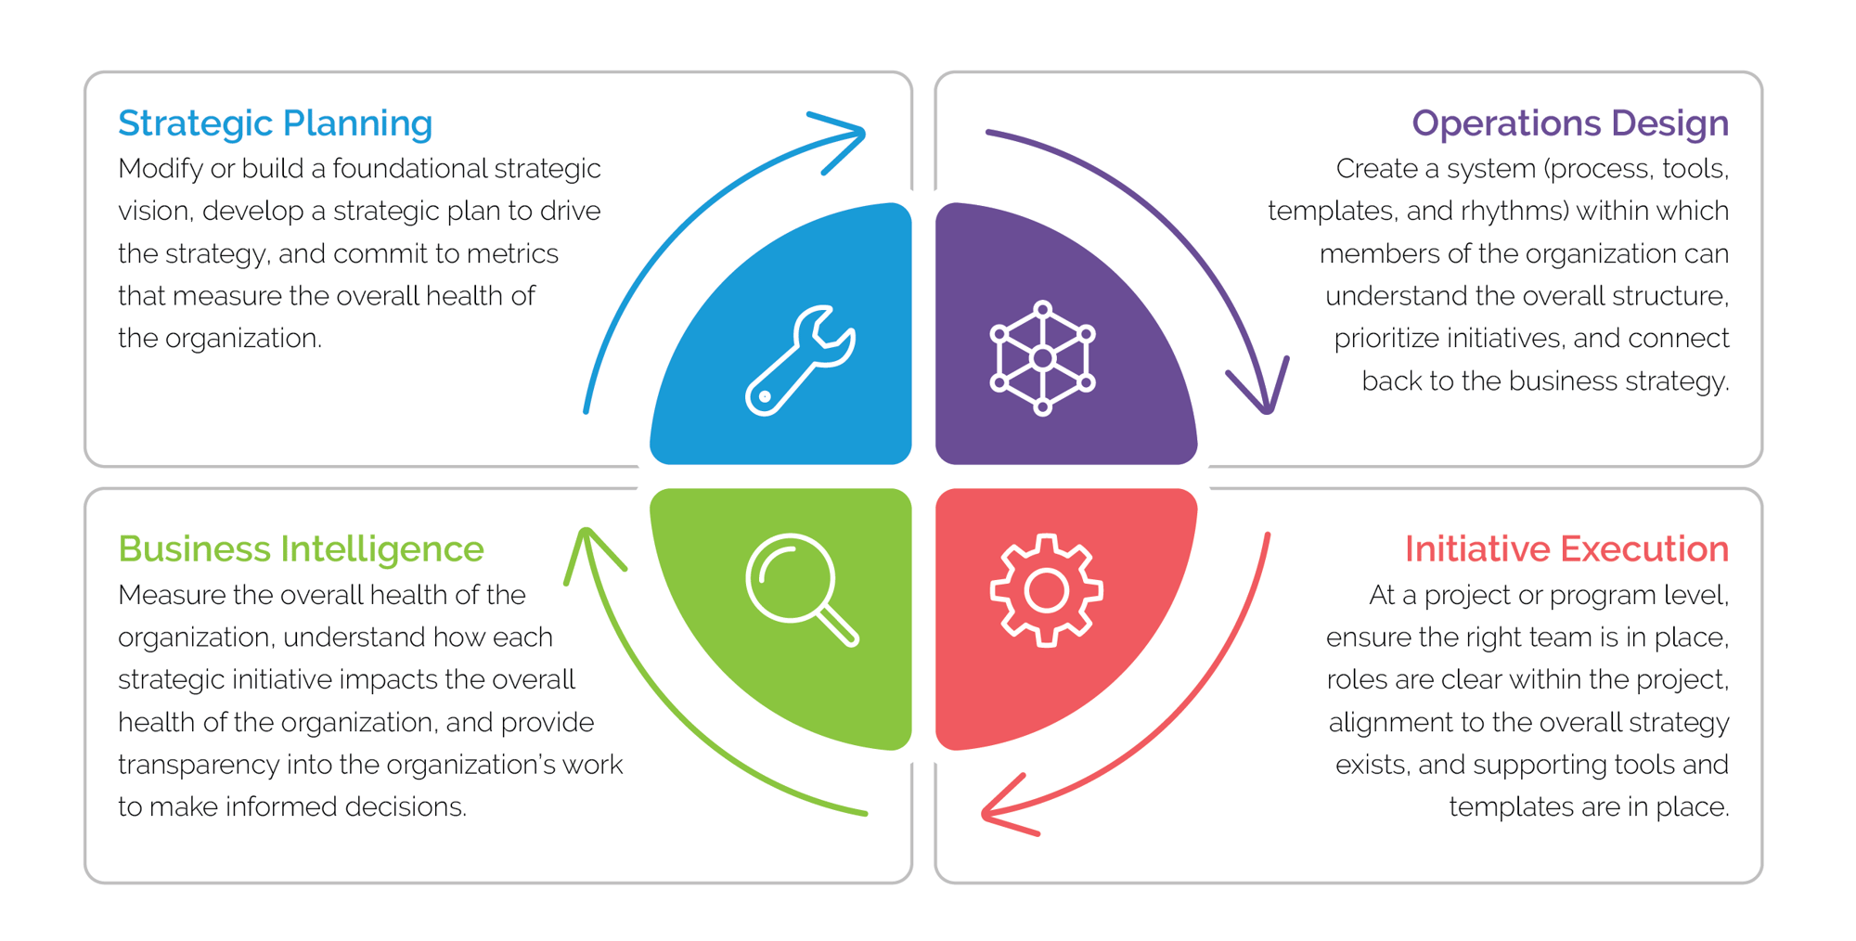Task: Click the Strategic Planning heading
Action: pyautogui.click(x=275, y=123)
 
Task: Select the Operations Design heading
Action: pyautogui.click(x=1569, y=123)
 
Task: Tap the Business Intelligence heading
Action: pyautogui.click(x=301, y=549)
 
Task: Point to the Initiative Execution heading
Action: pyautogui.click(x=1566, y=549)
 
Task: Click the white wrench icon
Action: pyautogui.click(x=800, y=360)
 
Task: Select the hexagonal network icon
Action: pyautogui.click(x=1042, y=358)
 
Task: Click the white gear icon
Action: pyautogui.click(x=1046, y=590)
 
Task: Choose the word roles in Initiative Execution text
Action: pyautogui.click(x=1356, y=680)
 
